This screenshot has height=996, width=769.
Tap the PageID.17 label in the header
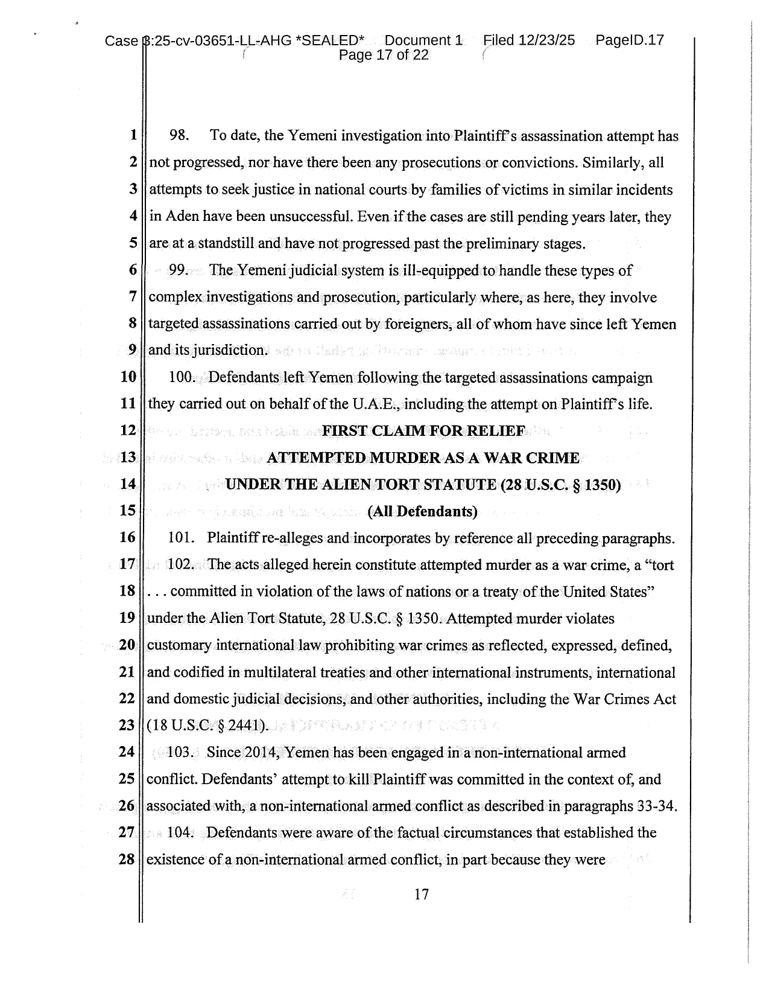[629, 40]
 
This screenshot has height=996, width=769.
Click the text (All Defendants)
[422, 512]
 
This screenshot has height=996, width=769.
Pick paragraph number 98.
[180, 136]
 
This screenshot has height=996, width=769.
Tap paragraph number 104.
[180, 833]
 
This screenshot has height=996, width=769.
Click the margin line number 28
[127, 860]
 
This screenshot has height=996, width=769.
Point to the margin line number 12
[128, 431]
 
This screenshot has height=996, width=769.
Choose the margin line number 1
[132, 136]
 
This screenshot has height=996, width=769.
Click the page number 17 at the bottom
[422, 895]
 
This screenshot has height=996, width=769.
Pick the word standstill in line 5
[226, 244]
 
